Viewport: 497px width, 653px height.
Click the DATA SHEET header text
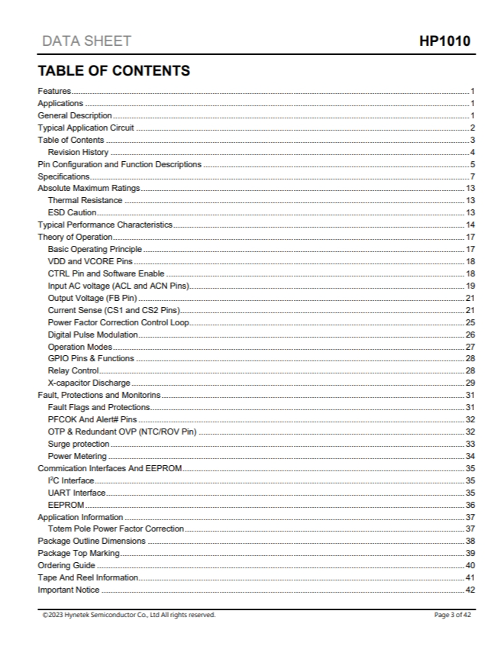(x=86, y=41)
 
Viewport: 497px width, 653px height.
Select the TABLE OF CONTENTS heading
(x=114, y=71)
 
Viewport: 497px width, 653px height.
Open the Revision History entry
(x=78, y=152)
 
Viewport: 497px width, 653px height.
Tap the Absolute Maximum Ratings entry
(x=89, y=189)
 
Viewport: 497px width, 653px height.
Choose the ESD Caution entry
(x=72, y=212)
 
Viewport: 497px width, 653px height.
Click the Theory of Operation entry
(x=75, y=237)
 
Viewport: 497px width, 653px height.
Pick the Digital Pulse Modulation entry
(x=92, y=335)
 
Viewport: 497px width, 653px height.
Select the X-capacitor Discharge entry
(x=89, y=383)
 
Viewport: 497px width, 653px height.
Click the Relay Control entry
(x=73, y=370)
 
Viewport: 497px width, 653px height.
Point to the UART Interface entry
(x=76, y=493)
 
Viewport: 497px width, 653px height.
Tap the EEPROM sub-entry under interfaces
(x=66, y=505)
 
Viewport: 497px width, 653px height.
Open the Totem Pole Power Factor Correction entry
(x=115, y=529)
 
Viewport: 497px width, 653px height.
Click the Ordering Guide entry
(x=66, y=565)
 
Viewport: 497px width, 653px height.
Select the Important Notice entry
(x=69, y=590)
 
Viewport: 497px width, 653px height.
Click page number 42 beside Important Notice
(x=470, y=590)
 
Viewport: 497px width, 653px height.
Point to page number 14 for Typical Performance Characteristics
(x=470, y=225)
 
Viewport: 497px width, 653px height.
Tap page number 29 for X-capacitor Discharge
(x=470, y=383)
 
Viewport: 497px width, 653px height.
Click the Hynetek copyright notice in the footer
(x=129, y=615)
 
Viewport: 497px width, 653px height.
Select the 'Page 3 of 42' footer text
(x=453, y=615)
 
